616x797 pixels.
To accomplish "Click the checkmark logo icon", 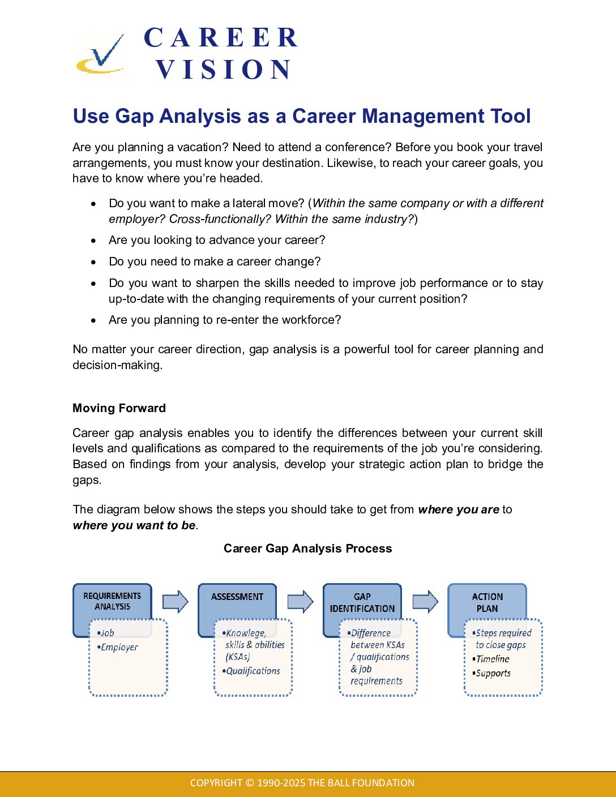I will [101, 55].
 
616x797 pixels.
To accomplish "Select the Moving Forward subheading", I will [119, 408].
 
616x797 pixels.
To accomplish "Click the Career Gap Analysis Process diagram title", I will [307, 549].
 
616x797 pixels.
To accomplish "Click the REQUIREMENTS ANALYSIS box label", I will [112, 601].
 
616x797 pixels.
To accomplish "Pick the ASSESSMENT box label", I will [237, 597].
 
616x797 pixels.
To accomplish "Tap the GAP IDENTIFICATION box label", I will [362, 603].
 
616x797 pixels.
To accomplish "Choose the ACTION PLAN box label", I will [487, 603].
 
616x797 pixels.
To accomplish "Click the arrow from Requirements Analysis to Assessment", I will [175, 601].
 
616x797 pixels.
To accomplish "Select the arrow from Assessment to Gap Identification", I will [300, 601].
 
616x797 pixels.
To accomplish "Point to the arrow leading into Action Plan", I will [425, 601].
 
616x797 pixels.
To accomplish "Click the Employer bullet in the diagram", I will [119, 648].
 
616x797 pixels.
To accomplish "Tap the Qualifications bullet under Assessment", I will [253, 671].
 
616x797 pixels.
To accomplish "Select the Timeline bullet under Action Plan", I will [492, 659].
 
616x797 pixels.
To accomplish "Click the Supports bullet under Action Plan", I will [493, 674].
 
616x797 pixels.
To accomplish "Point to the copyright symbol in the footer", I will [250, 783].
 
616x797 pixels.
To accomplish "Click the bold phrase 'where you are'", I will [459, 509].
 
